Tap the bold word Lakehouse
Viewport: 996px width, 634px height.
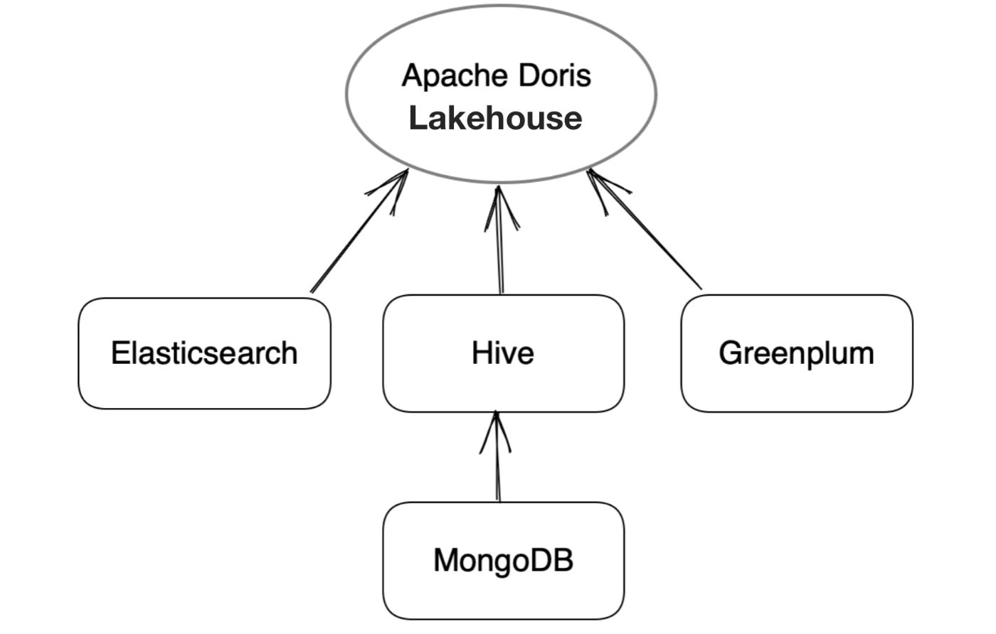pos(496,118)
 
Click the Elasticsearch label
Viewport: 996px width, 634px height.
pos(204,353)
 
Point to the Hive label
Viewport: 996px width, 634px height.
pos(503,353)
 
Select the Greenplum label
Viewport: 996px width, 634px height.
pos(796,353)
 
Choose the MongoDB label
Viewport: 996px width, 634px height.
pos(503,560)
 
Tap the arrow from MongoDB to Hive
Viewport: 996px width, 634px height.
pos(497,462)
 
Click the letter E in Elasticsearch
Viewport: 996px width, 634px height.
pos(119,353)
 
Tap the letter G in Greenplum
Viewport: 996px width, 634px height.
pos(729,353)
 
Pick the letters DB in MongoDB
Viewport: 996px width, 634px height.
pos(557,560)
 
